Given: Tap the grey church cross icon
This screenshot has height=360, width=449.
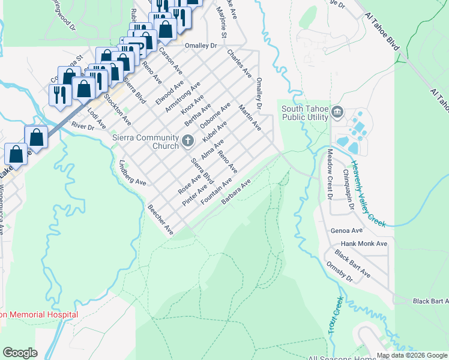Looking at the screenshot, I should tap(188, 142).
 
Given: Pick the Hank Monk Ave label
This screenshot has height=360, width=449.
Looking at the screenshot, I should tap(364, 244).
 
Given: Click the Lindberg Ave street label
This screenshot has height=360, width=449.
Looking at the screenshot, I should tap(133, 172).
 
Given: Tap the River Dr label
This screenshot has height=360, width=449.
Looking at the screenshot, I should tap(83, 127).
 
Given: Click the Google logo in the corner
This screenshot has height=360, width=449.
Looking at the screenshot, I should tap(20, 353).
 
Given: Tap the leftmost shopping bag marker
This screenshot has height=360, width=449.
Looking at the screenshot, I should tap(16, 154).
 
